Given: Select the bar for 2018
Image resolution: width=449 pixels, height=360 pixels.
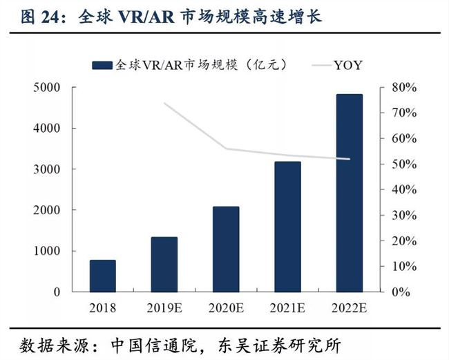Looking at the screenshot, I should click(x=103, y=276).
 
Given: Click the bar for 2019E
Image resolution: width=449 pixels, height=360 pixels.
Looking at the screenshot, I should click(x=164, y=264).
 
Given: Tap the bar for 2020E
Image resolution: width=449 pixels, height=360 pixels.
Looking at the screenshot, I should click(x=226, y=249).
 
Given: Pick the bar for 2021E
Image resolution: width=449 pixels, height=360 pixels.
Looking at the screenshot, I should click(x=287, y=227).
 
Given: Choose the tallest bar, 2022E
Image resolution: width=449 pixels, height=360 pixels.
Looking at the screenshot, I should click(x=349, y=193).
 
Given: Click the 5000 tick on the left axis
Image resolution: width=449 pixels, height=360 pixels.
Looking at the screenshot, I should click(x=46, y=88).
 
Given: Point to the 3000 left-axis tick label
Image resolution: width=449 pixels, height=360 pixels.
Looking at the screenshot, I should click(x=46, y=169).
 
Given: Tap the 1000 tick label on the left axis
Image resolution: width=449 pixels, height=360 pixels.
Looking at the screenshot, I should click(x=46, y=251).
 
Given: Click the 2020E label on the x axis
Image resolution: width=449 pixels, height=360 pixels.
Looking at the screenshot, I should click(x=226, y=307).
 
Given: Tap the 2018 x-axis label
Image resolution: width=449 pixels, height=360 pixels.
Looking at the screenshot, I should click(x=103, y=307).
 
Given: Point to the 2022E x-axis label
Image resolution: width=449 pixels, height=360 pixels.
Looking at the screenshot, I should click(x=349, y=307).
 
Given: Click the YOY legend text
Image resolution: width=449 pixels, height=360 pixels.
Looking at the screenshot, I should click(x=348, y=66).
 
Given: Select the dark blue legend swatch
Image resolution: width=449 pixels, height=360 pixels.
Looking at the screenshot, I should click(x=102, y=66).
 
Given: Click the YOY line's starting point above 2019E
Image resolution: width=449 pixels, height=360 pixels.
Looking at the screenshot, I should click(x=164, y=104).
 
